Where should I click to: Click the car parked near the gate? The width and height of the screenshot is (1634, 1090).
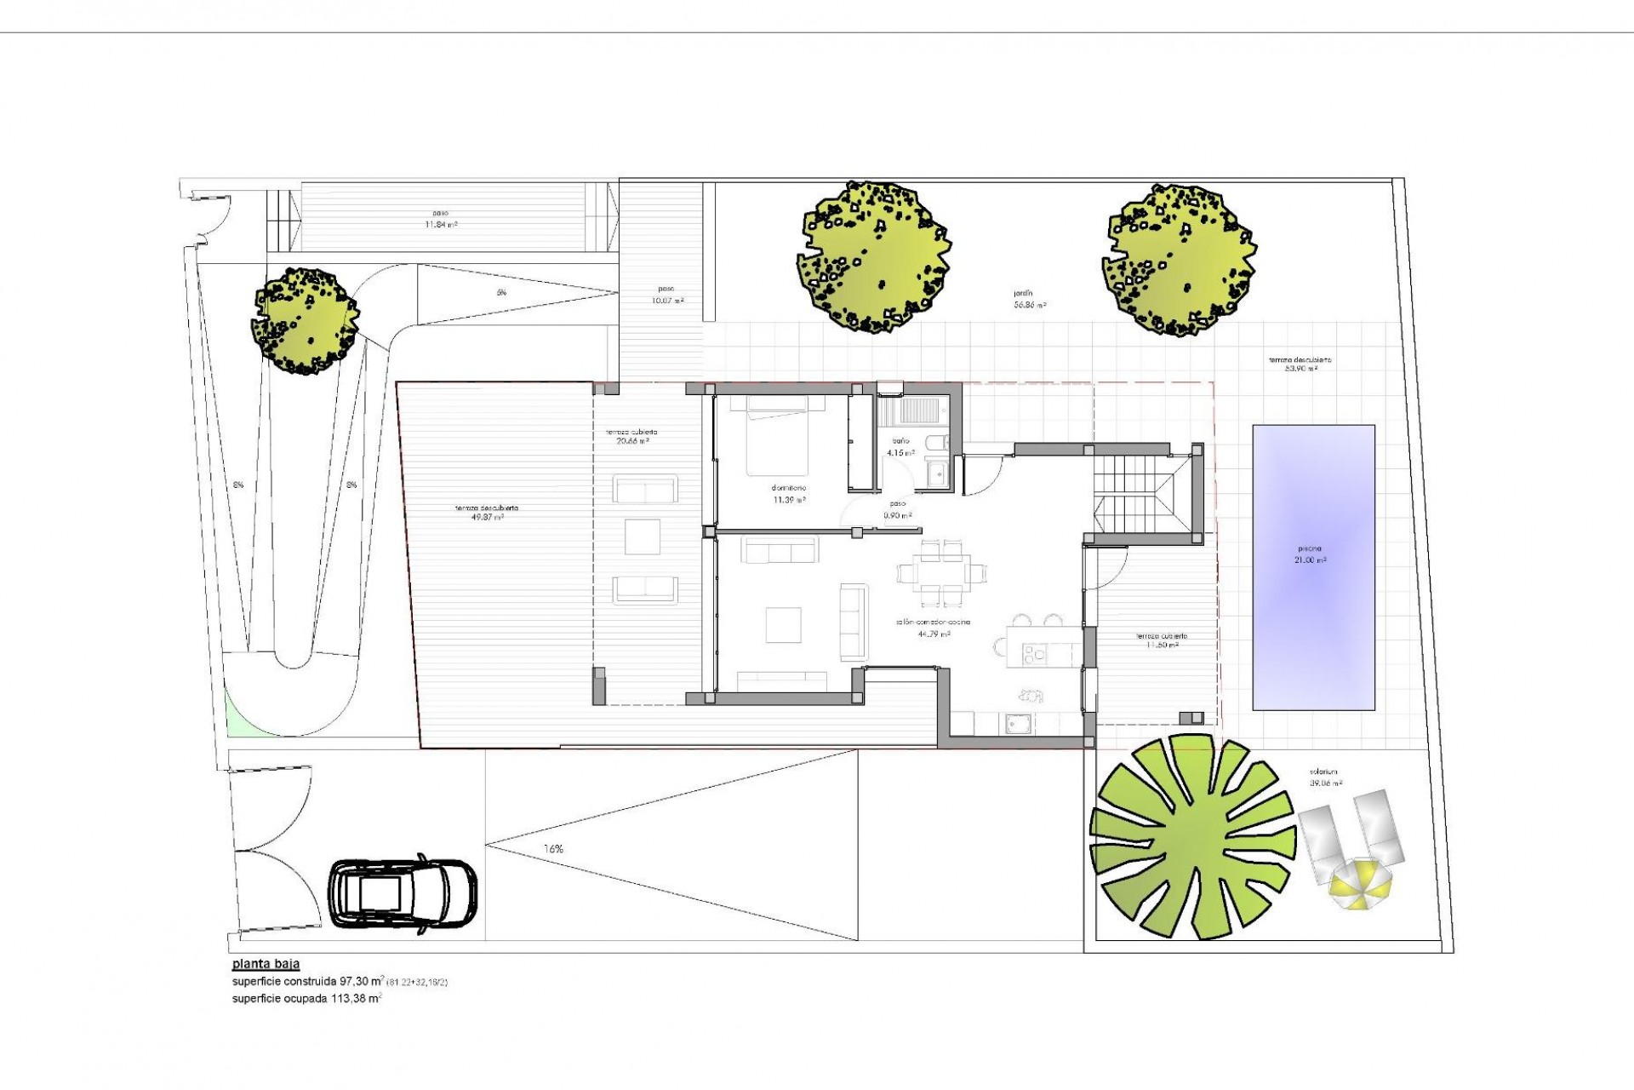tap(403, 893)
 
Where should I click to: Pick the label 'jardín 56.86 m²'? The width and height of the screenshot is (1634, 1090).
tap(1029, 299)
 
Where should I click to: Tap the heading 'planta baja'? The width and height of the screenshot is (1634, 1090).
tap(266, 966)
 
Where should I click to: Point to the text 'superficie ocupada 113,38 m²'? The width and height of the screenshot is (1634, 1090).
tap(306, 999)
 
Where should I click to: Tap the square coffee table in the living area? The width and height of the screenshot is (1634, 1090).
tap(783, 623)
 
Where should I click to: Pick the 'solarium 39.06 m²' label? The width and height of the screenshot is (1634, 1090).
tap(1326, 777)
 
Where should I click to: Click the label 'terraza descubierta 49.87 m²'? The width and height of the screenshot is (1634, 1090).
tap(487, 512)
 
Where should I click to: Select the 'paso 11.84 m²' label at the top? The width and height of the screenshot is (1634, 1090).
tap(440, 219)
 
